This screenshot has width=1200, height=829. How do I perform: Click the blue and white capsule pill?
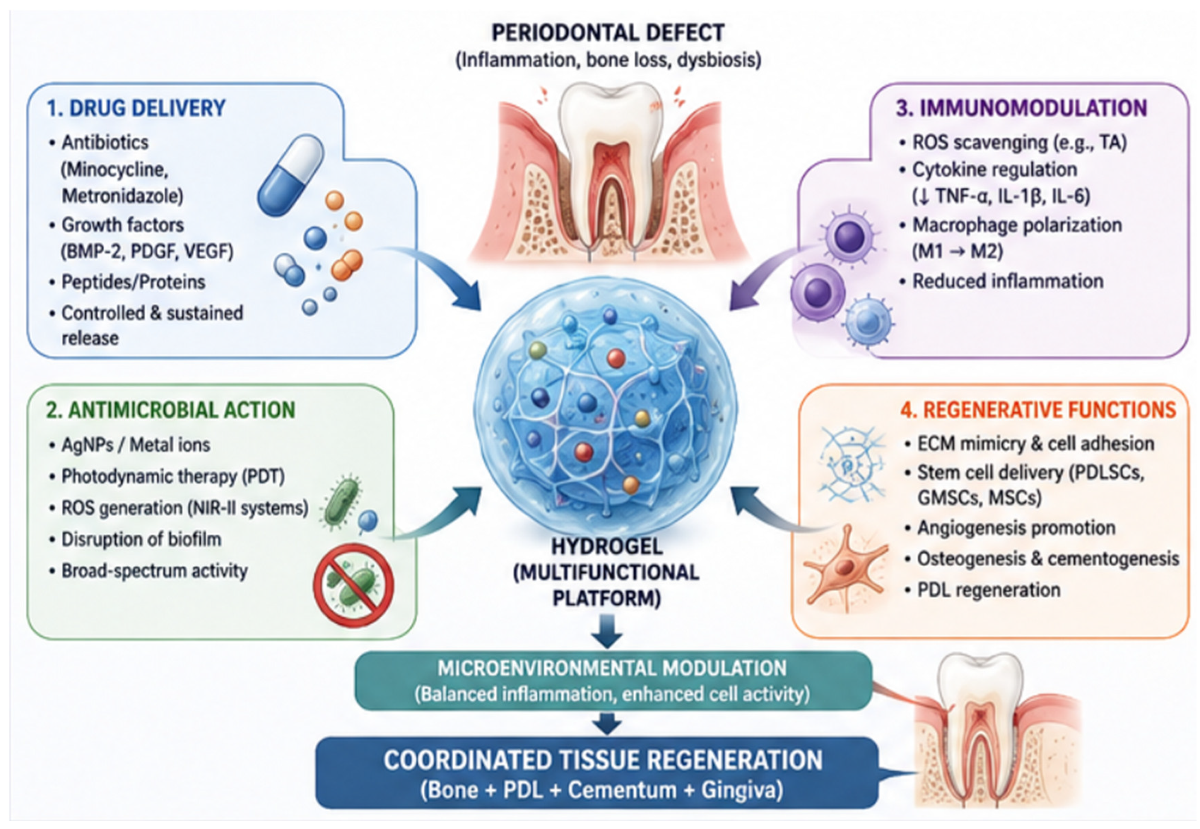pyautogui.click(x=290, y=175)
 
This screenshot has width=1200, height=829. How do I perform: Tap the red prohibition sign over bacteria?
pyautogui.click(x=353, y=585)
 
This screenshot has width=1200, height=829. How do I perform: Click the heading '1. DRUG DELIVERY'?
pyautogui.click(x=136, y=108)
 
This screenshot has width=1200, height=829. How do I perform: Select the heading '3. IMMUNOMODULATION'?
pyautogui.click(x=1021, y=108)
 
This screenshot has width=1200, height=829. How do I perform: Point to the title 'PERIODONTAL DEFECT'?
pyautogui.click(x=608, y=33)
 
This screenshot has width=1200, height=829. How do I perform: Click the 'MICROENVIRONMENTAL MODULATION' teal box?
pyautogui.click(x=613, y=681)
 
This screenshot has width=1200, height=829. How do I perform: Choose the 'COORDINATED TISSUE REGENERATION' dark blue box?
pyautogui.click(x=597, y=773)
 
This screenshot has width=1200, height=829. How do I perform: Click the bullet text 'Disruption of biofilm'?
pyautogui.click(x=141, y=539)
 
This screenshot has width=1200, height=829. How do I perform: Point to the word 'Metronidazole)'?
pyautogui.click(x=123, y=196)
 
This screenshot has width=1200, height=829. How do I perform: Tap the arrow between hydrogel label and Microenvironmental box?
pyautogui.click(x=607, y=630)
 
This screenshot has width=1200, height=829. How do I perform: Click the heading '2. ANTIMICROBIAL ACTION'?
pyautogui.click(x=170, y=410)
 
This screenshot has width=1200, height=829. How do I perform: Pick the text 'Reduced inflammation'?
pyautogui.click(x=1008, y=281)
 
